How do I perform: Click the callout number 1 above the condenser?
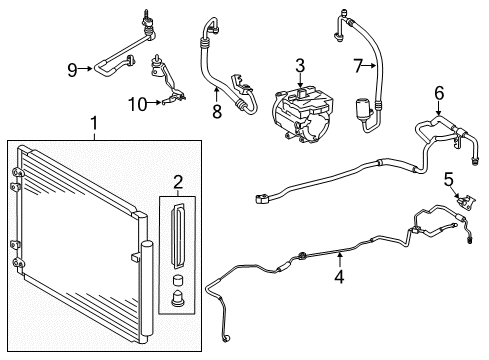click(95, 123)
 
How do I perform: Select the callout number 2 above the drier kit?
click(178, 182)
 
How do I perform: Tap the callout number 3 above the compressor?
click(300, 66)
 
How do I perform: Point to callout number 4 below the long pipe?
click(339, 277)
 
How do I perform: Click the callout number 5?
click(449, 179)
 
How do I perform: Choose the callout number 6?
click(439, 93)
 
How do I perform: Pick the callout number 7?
click(358, 66)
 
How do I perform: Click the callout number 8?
click(217, 111)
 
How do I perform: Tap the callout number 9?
click(72, 70)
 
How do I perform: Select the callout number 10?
click(138, 104)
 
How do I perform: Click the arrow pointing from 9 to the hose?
click(86, 69)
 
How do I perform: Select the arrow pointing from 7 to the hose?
click(370, 66)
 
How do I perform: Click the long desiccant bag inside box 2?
click(178, 235)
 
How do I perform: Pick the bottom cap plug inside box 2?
click(178, 298)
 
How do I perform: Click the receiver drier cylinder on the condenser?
click(147, 288)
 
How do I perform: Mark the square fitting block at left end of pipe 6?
click(261, 199)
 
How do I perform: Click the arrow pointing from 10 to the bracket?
click(154, 103)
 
